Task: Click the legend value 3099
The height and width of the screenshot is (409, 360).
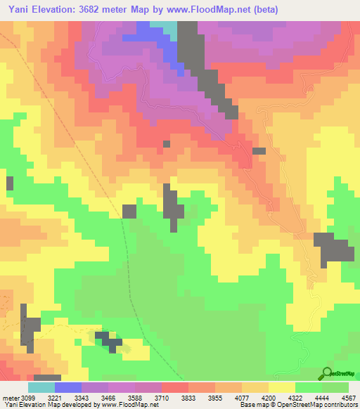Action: click(x=26, y=397)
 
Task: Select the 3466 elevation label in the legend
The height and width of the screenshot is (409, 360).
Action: click(x=108, y=397)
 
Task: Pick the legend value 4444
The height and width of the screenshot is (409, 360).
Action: click(x=322, y=397)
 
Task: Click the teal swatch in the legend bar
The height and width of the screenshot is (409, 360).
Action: click(x=41, y=387)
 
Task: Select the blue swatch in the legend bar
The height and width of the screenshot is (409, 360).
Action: click(x=68, y=387)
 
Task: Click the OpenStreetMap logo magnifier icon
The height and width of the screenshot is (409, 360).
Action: click(x=326, y=372)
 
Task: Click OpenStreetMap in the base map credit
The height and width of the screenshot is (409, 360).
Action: click(x=292, y=405)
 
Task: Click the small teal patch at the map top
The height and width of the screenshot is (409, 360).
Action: click(x=171, y=27)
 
